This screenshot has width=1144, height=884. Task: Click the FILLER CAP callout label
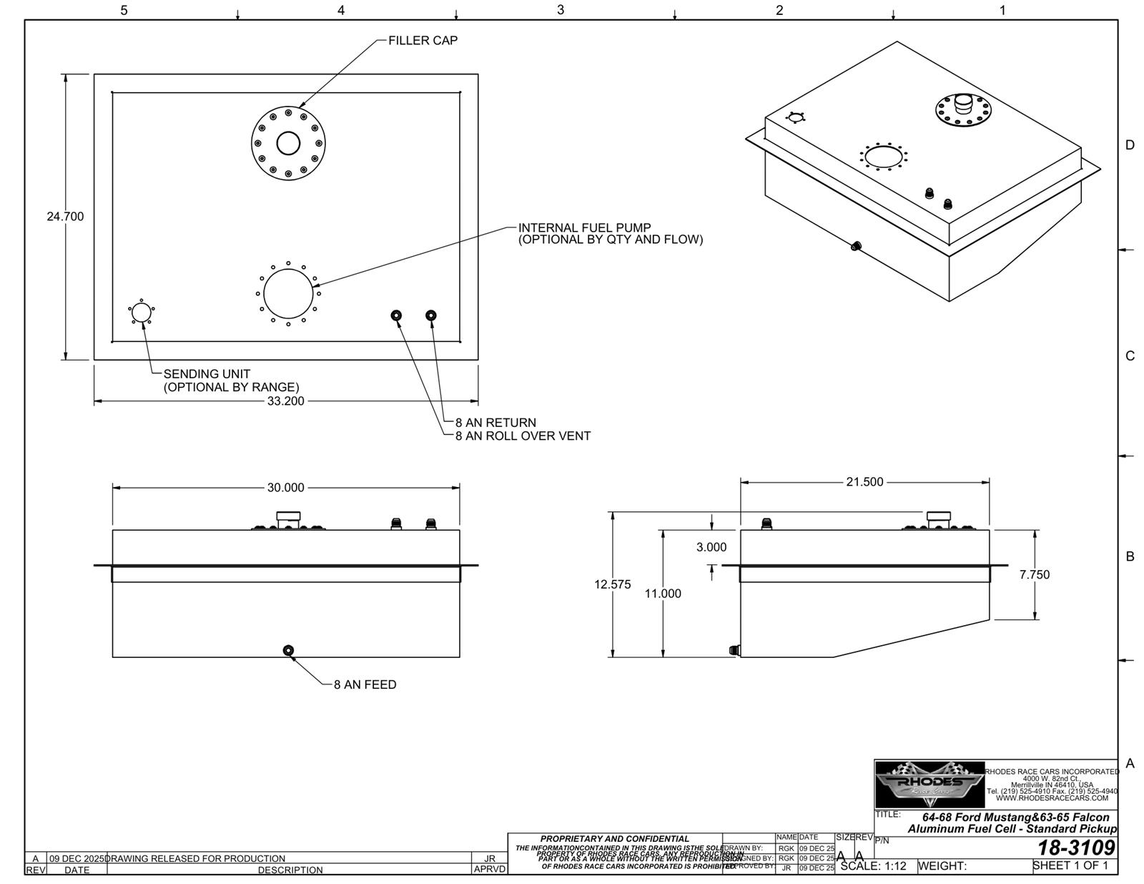[x=423, y=41]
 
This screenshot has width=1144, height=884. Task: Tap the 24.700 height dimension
[x=65, y=217]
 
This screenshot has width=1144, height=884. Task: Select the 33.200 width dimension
[x=285, y=401]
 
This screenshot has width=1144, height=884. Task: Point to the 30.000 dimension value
[x=285, y=488]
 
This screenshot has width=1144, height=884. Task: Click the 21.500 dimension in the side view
[x=864, y=482]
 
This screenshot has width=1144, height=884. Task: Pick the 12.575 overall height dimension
[x=613, y=584]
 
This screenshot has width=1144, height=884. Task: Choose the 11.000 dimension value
[x=663, y=594]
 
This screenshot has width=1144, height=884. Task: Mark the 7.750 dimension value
[x=1034, y=574]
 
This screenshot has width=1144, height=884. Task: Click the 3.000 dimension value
[x=711, y=547]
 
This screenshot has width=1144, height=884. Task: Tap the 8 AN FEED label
[x=365, y=684]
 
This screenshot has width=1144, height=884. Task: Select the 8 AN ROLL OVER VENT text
[x=523, y=436]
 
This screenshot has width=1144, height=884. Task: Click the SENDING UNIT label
[x=207, y=374]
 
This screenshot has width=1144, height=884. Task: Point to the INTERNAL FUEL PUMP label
[x=584, y=228]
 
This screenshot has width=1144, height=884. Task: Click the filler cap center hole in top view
[x=288, y=144]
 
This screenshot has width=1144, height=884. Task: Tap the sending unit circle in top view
[x=142, y=313]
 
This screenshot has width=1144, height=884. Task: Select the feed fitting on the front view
[x=288, y=650]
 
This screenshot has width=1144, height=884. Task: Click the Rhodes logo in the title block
[x=929, y=785]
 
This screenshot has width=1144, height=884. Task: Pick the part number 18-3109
[x=1076, y=848]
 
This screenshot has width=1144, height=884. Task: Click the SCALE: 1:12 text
[x=873, y=866]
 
